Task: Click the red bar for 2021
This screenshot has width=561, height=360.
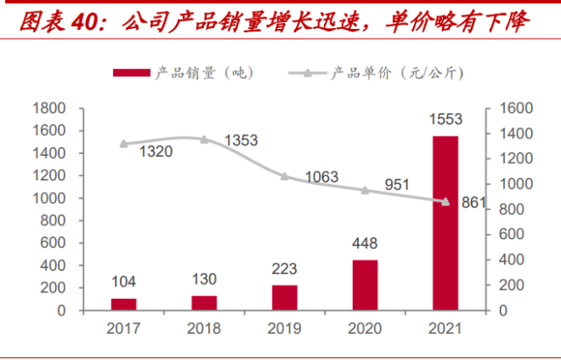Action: tap(445, 222)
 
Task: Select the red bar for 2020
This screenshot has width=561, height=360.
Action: tap(365, 285)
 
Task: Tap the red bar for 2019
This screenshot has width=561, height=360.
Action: tap(284, 297)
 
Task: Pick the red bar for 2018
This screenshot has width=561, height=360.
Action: tap(204, 302)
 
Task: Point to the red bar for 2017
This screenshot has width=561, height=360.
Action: tap(123, 304)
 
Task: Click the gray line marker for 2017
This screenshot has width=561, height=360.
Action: tap(123, 144)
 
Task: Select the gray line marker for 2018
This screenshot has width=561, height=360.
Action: tap(204, 139)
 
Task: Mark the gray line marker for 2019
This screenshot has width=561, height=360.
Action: tap(284, 176)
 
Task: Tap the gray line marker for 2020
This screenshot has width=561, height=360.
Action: tap(365, 190)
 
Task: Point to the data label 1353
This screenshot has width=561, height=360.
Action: tap(242, 140)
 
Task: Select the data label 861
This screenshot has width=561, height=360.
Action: tap(473, 203)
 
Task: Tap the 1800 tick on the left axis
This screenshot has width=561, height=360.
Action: tap(49, 108)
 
